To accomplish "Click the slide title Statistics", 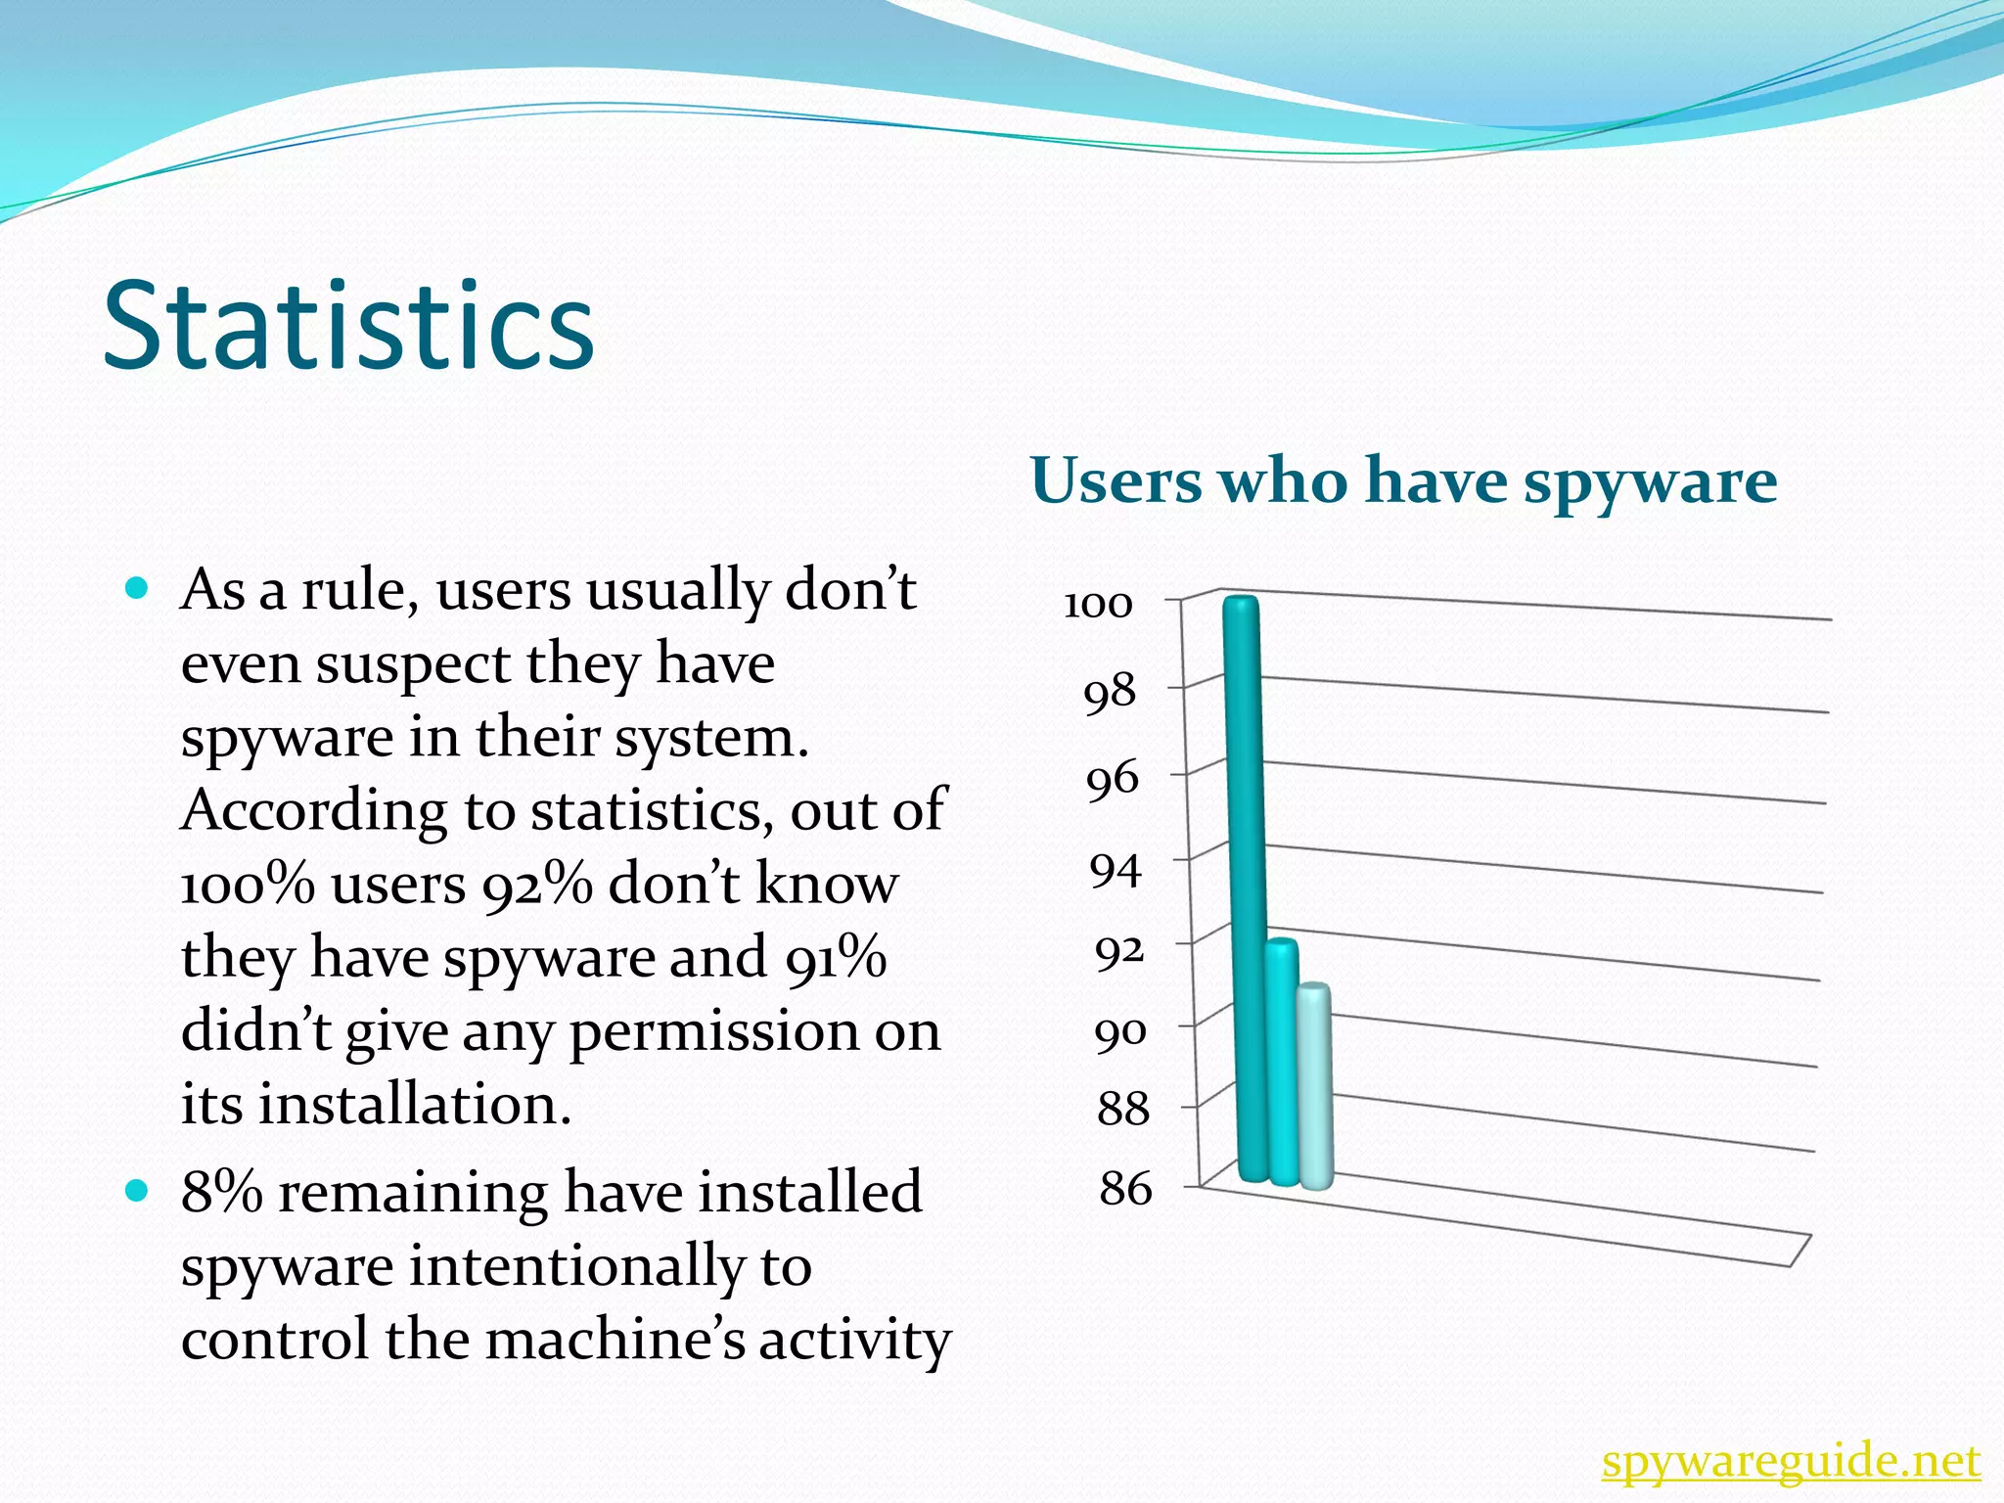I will click(348, 326).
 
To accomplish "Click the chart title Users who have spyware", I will click(1403, 481).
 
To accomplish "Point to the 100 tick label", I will click(1098, 605).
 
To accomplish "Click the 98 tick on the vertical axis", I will click(1110, 693).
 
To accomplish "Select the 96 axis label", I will click(1113, 780).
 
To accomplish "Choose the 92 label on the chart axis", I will click(1118, 951).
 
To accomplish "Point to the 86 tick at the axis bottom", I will click(1125, 1189).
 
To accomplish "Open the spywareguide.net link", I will click(1791, 1463).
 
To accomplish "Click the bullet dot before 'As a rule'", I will click(137, 588).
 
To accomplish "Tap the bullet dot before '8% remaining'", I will click(137, 1191).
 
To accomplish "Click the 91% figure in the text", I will click(835, 957).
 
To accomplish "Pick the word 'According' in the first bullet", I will click(299, 811).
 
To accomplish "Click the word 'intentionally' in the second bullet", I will click(576, 1266).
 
